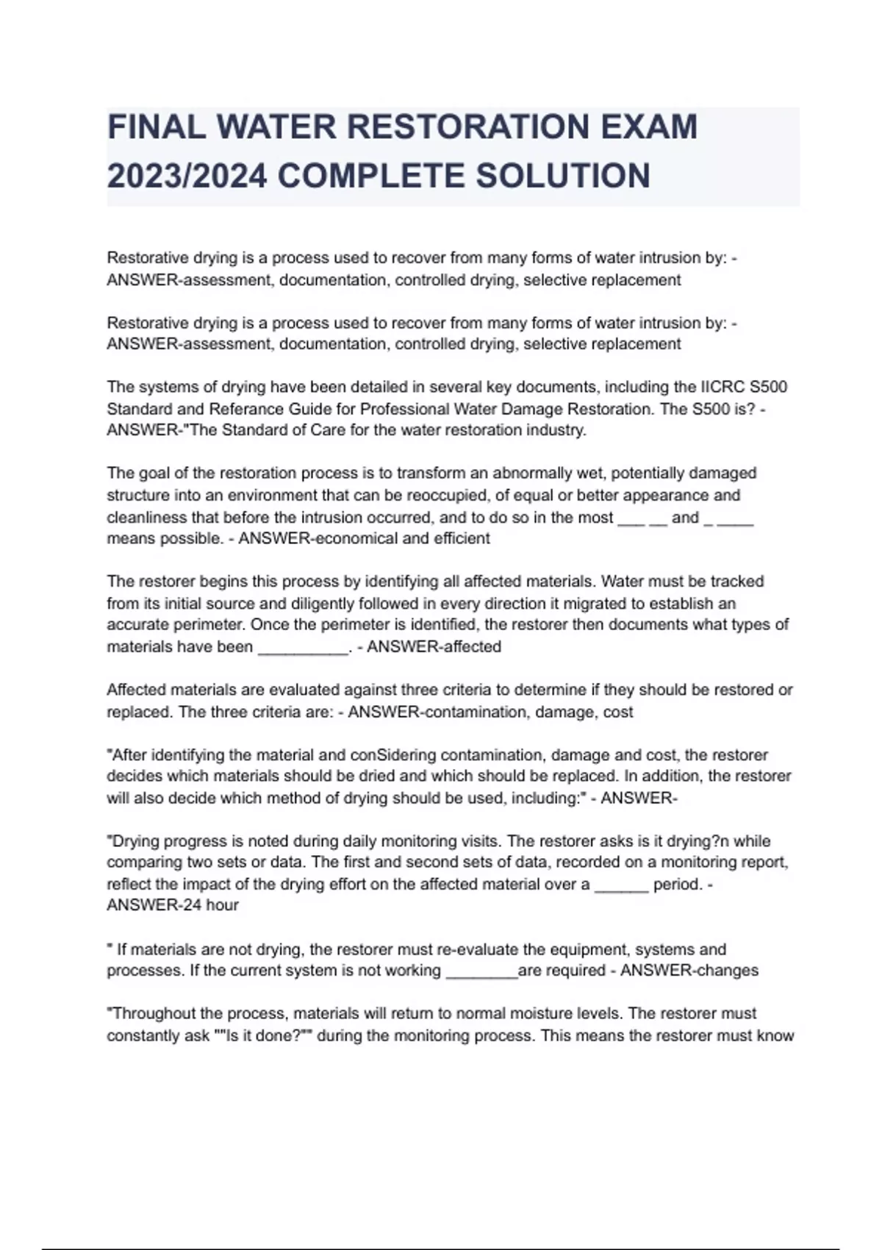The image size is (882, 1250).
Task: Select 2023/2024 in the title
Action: click(187, 176)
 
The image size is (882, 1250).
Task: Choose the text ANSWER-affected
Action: click(434, 647)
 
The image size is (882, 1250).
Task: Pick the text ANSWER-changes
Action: click(689, 971)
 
